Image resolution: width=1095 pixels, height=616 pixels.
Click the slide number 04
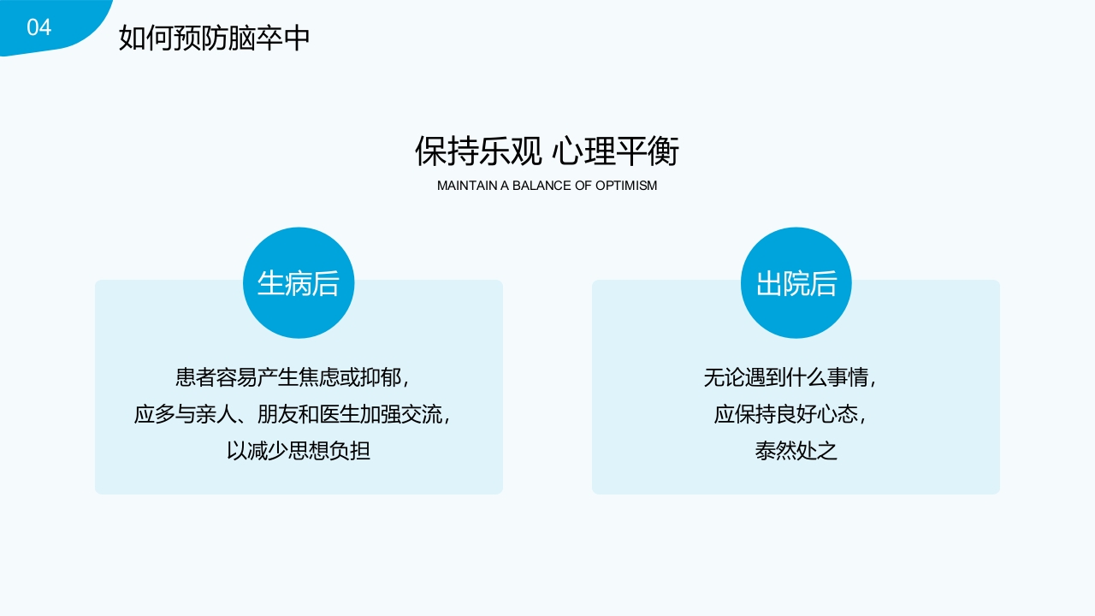(x=39, y=27)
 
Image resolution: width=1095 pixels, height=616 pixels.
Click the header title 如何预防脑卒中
(x=214, y=38)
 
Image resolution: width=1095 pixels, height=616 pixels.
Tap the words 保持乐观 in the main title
(x=478, y=151)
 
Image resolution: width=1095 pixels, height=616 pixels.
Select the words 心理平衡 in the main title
(x=616, y=151)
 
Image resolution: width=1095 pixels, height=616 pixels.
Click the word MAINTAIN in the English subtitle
(x=463, y=185)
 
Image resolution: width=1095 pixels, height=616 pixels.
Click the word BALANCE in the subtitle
(x=541, y=185)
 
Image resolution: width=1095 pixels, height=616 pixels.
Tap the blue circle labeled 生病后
(x=299, y=283)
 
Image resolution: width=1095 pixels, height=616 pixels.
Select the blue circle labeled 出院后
(x=796, y=283)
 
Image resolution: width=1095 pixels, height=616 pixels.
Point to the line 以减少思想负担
(x=299, y=451)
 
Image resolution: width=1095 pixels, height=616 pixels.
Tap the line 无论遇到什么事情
(x=790, y=377)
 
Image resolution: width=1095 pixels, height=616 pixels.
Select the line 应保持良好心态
(x=790, y=415)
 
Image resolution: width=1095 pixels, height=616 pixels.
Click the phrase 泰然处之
(x=796, y=451)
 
